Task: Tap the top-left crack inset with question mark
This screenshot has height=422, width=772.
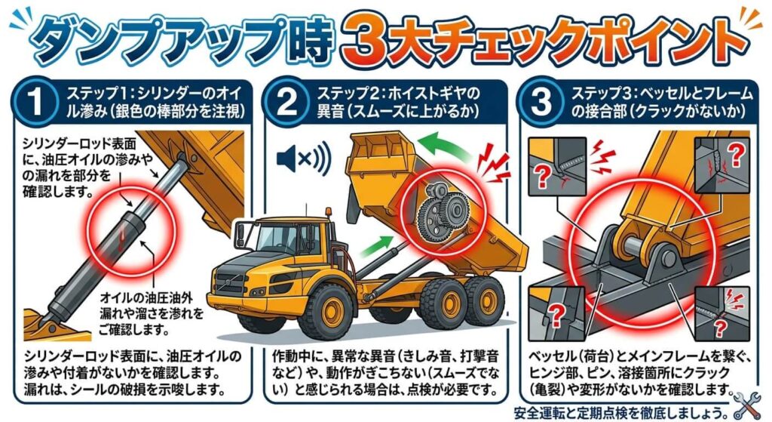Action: pyautogui.click(x=558, y=165)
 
